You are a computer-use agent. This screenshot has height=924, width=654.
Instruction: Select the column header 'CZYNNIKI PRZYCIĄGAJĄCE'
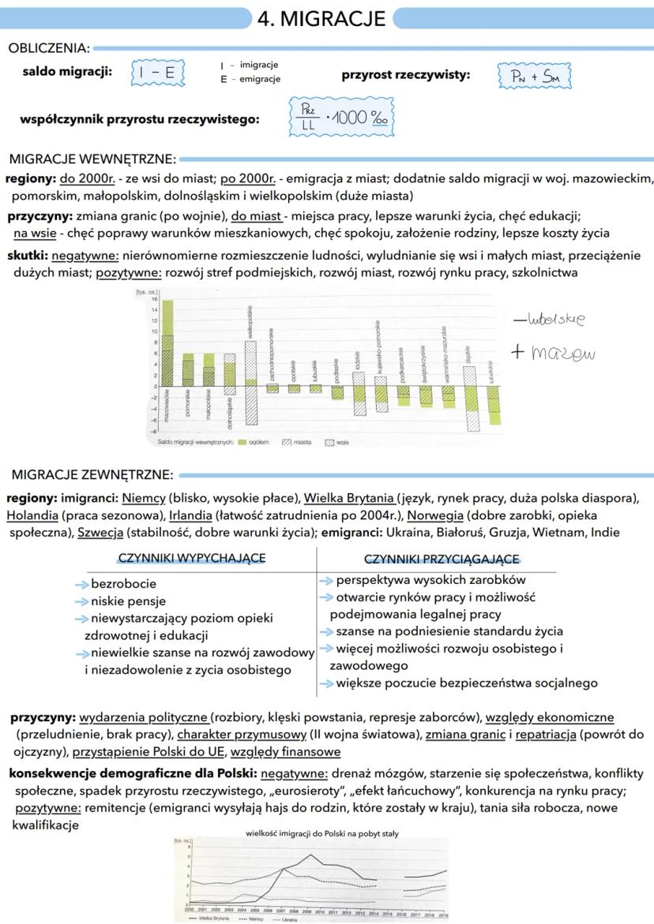(442, 559)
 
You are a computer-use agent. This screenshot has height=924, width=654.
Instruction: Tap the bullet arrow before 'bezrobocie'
(81, 585)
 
